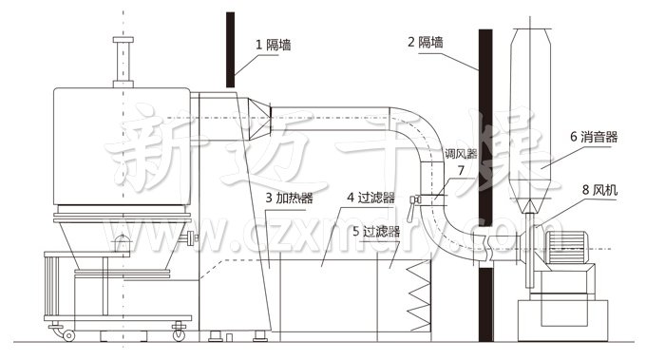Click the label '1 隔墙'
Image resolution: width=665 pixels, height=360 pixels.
tap(273, 44)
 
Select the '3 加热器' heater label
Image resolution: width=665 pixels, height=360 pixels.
tap(289, 199)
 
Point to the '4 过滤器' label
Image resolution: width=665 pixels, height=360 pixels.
tap(369, 198)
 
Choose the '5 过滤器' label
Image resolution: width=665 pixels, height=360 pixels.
tap(375, 231)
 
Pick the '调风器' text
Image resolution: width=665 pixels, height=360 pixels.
tap(459, 154)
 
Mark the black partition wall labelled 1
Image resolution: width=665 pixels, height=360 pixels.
tap(231, 47)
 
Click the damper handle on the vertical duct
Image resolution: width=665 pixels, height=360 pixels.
tap(414, 199)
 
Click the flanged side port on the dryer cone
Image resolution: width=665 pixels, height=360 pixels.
tap(194, 237)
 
